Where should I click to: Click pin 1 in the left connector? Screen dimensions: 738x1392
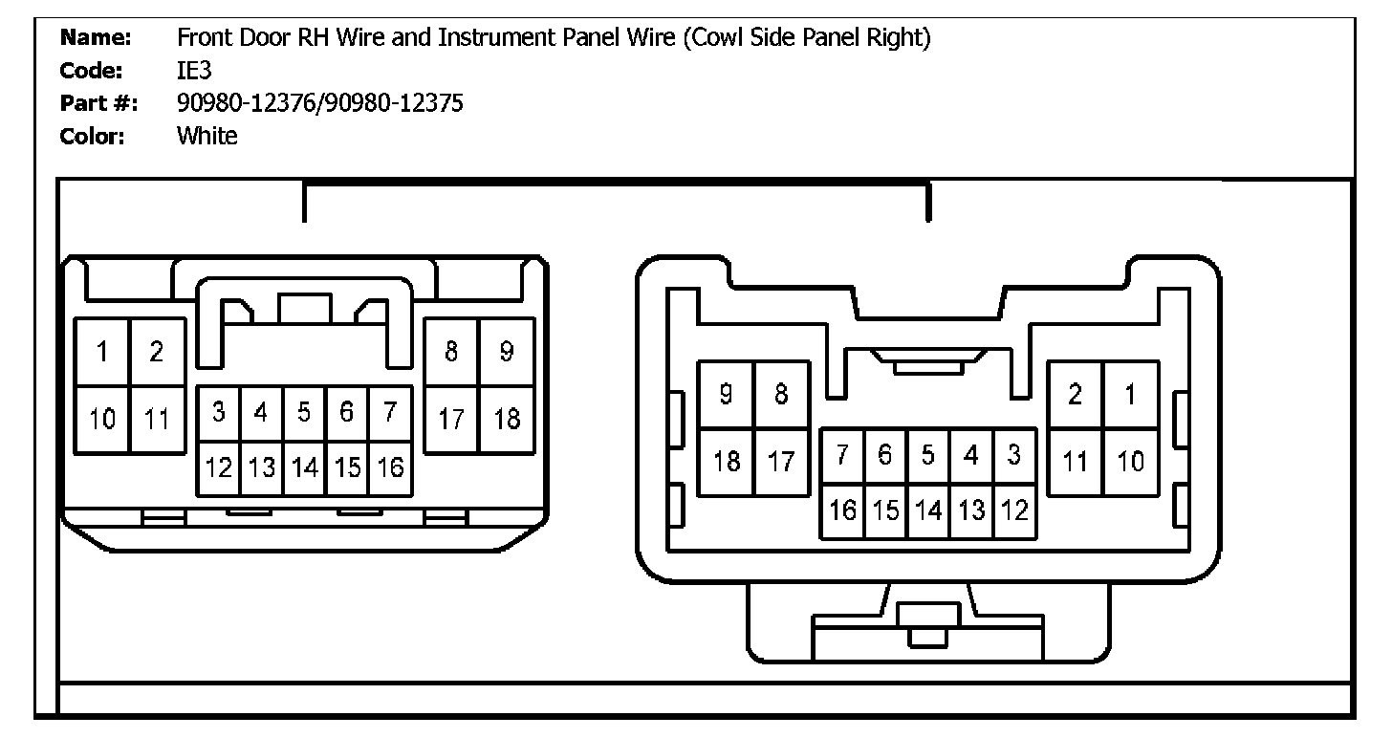coord(102,352)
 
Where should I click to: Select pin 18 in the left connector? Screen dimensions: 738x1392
coord(507,419)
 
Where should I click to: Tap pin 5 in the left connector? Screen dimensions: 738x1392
coord(304,413)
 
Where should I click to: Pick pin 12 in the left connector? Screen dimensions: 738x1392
coord(219,468)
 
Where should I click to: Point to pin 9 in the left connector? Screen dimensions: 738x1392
coord(507,352)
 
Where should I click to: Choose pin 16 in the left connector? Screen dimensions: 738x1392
coord(390,468)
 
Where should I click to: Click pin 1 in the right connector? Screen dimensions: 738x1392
coord(1131,394)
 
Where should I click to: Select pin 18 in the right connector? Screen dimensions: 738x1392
coord(727,462)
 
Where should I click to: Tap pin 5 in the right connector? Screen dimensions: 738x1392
coord(927,456)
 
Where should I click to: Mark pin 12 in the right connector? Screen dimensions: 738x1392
coord(1013,510)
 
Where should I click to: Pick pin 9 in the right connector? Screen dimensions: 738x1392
coord(727,394)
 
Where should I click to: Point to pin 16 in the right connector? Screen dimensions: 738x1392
coord(842,510)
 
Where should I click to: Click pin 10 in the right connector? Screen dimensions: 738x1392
coord(1131,462)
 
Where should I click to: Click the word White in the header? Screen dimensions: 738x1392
coord(207,136)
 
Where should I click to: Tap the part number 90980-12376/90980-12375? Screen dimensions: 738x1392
coord(320,103)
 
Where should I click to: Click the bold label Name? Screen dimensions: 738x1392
coord(95,39)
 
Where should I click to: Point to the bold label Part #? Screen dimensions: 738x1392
coord(98,104)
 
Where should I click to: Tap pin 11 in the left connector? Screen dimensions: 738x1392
coord(157,419)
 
